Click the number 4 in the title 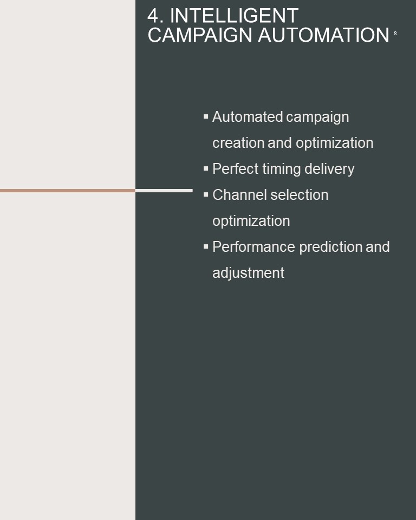153,16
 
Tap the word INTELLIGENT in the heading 234,16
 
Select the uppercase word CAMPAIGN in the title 200,35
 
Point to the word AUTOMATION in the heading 323,35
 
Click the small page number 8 395,34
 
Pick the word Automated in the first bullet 248,117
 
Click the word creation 238,143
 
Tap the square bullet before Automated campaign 206,116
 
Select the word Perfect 235,169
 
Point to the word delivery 329,169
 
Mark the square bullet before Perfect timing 206,168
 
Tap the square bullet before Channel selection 206,194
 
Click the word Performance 254,247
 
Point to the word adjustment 248,273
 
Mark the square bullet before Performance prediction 206,246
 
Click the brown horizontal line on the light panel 68,191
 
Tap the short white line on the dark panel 164,191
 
